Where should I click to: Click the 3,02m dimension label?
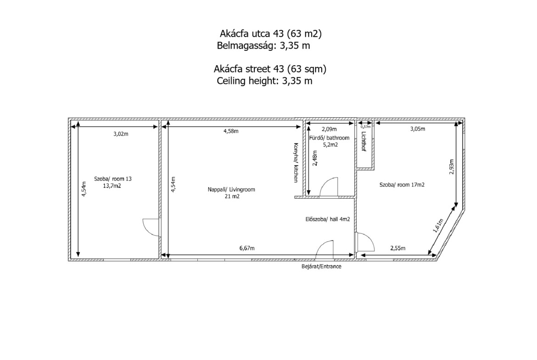point(121,134)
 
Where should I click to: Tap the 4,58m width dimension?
point(231,131)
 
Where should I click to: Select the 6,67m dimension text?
point(247,248)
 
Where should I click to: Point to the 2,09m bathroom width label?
point(329,129)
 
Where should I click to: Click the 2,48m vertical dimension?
point(315,158)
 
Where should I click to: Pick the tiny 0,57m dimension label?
point(365,127)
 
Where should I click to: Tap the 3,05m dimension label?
point(418,129)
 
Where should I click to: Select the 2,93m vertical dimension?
point(451,167)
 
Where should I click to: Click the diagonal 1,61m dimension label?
point(438,226)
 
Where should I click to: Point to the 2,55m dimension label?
point(397,248)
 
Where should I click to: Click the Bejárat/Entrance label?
point(321,266)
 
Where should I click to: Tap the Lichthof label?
point(364,141)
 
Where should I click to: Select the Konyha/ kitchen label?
point(296,162)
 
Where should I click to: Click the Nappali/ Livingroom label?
point(231,189)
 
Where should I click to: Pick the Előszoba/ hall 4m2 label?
point(328,219)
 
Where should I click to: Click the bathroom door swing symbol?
point(329,187)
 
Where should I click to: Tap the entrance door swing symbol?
point(324,249)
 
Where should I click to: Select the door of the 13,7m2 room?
point(151,227)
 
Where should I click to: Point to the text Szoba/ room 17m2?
point(402,185)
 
